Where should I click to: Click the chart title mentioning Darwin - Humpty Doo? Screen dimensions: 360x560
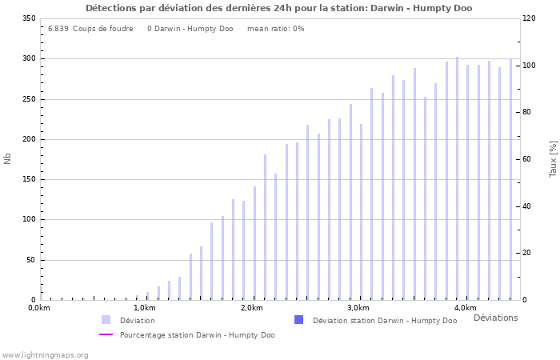pyautogui.click(x=278, y=8)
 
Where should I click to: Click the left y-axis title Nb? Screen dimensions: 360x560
pyautogui.click(x=8, y=158)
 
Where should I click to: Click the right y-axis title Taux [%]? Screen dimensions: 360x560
pyautogui.click(x=553, y=158)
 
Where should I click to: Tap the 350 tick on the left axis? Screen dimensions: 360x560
pyautogui.click(x=28, y=18)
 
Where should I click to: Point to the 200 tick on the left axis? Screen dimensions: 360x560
pyautogui.click(x=28, y=139)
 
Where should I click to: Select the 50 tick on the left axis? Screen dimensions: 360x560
pyautogui.click(x=30, y=260)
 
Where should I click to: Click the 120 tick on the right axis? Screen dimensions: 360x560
pyautogui.click(x=530, y=18)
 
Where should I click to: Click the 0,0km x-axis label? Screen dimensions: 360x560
pyautogui.click(x=39, y=308)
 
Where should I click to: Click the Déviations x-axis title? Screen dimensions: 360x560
pyautogui.click(x=495, y=318)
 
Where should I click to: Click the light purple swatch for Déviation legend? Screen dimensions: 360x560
pyautogui.click(x=106, y=320)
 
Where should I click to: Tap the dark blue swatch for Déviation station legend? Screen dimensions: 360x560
pyautogui.click(x=298, y=320)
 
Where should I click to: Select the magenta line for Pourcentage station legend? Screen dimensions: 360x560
pyautogui.click(x=106, y=334)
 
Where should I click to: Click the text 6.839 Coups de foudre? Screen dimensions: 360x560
pyautogui.click(x=90, y=29)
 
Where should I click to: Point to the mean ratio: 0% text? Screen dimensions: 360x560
pyautogui.click(x=276, y=29)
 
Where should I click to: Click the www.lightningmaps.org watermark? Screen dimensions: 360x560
pyautogui.click(x=45, y=354)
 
